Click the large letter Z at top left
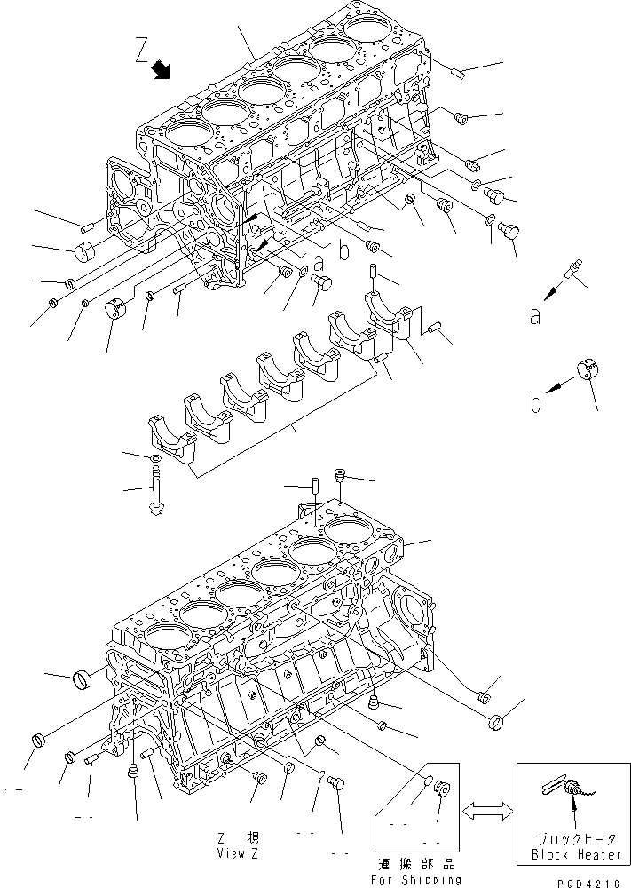pos(142,50)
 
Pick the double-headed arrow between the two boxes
pos(486,811)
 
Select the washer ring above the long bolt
pos(156,458)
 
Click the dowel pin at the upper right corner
pos(460,73)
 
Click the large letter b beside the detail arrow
pos(535,404)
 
